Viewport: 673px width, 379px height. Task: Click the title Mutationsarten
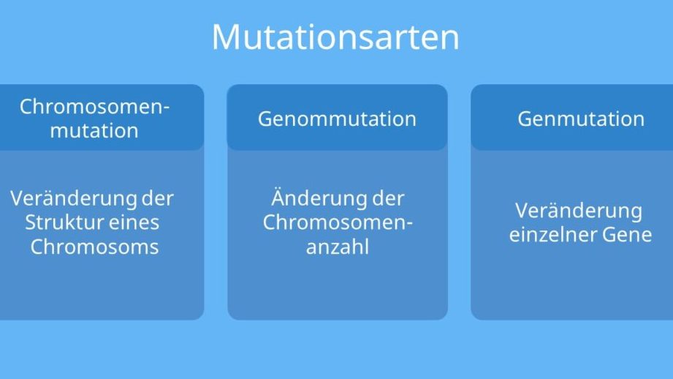[x=335, y=37]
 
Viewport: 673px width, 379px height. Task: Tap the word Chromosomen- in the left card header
[x=94, y=107]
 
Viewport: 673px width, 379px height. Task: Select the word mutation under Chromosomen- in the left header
[x=94, y=131]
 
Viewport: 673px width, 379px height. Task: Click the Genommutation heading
[x=337, y=119]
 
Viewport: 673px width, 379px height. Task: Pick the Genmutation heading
[x=581, y=119]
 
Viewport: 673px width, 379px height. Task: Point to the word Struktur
[x=64, y=222]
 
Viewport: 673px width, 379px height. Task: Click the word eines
[x=134, y=222]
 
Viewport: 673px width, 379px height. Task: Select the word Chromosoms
[x=94, y=247]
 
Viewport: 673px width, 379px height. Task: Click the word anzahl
[x=338, y=247]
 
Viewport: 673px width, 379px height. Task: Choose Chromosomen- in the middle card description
[x=338, y=222]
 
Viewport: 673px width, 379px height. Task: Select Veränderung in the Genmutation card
[x=579, y=211]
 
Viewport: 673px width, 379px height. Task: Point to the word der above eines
[x=158, y=198]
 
